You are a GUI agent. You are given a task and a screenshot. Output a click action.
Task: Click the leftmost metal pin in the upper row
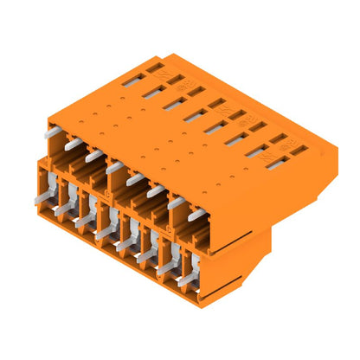pyautogui.click(x=55, y=132)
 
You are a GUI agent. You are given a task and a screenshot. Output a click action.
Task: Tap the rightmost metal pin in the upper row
pyautogui.click(x=197, y=213)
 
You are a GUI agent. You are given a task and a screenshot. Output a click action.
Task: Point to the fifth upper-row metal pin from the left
pyautogui.click(x=135, y=179)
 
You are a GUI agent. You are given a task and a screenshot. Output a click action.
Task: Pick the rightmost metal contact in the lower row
pyautogui.click(x=184, y=278)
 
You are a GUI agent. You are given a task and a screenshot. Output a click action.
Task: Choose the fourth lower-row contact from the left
pyautogui.click(x=104, y=231)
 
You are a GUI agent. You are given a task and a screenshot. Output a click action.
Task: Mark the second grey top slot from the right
pyautogui.click(x=256, y=151)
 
